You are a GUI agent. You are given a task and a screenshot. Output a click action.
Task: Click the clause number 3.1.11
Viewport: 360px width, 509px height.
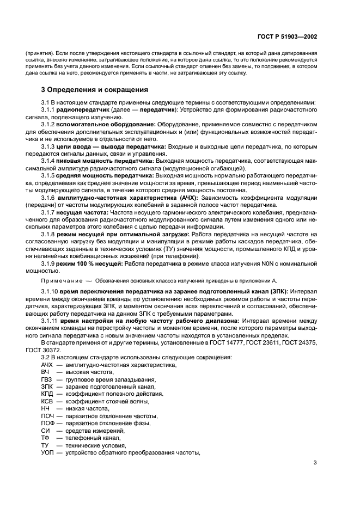click(x=51, y=321)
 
